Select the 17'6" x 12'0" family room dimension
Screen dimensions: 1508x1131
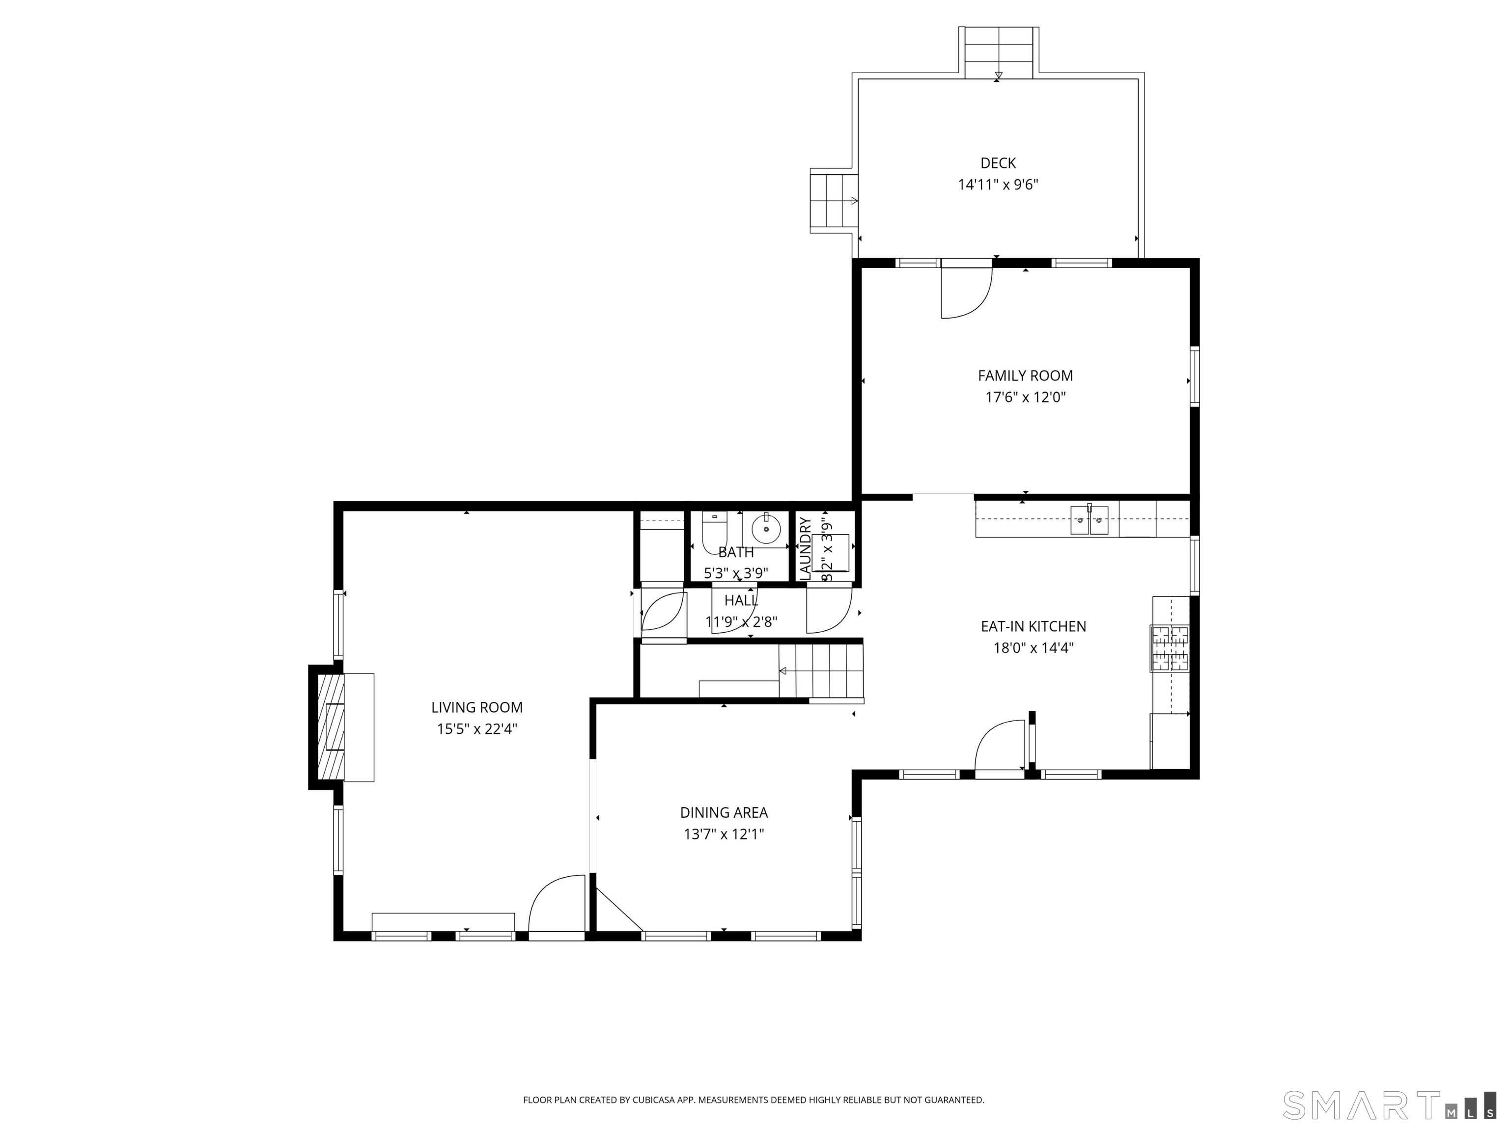1025,397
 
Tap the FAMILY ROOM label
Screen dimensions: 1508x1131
1025,376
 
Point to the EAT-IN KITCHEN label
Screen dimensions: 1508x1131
1033,626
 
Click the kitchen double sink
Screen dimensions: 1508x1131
1089,520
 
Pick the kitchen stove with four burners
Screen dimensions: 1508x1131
1170,648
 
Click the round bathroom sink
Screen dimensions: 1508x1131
766,529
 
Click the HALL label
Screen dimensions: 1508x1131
741,600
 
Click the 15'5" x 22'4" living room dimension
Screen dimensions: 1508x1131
477,729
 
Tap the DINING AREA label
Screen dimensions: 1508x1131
724,812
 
